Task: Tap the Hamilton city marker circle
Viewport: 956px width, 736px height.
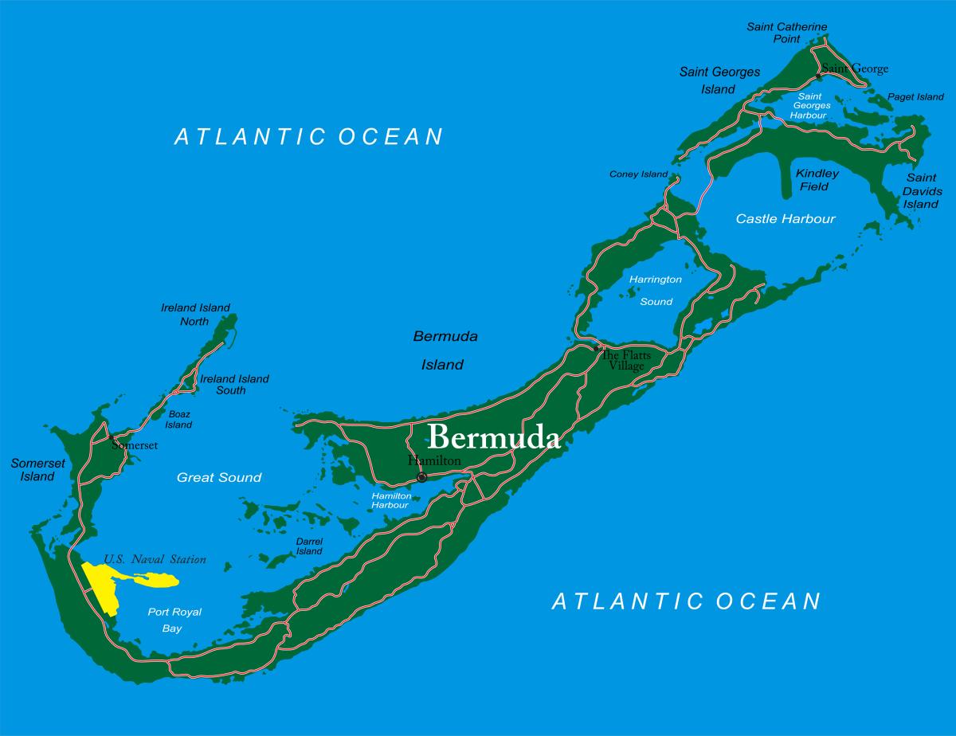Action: click(421, 477)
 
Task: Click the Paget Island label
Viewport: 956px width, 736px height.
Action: click(915, 97)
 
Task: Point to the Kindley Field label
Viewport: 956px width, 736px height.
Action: click(817, 180)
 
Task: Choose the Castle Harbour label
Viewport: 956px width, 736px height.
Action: click(785, 218)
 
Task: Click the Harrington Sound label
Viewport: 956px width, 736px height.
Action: click(655, 290)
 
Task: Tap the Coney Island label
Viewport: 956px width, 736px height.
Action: click(638, 174)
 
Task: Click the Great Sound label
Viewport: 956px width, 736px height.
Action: click(218, 478)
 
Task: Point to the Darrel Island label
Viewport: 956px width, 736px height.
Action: click(309, 546)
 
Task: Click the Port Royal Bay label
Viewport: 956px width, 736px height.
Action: click(174, 620)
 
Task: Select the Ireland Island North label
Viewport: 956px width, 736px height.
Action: click(195, 315)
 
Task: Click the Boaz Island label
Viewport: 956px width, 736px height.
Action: click(178, 419)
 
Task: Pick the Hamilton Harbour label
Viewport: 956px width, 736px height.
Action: click(391, 500)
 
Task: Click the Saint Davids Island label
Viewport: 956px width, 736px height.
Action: click(923, 191)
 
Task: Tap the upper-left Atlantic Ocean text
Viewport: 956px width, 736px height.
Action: click(308, 136)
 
